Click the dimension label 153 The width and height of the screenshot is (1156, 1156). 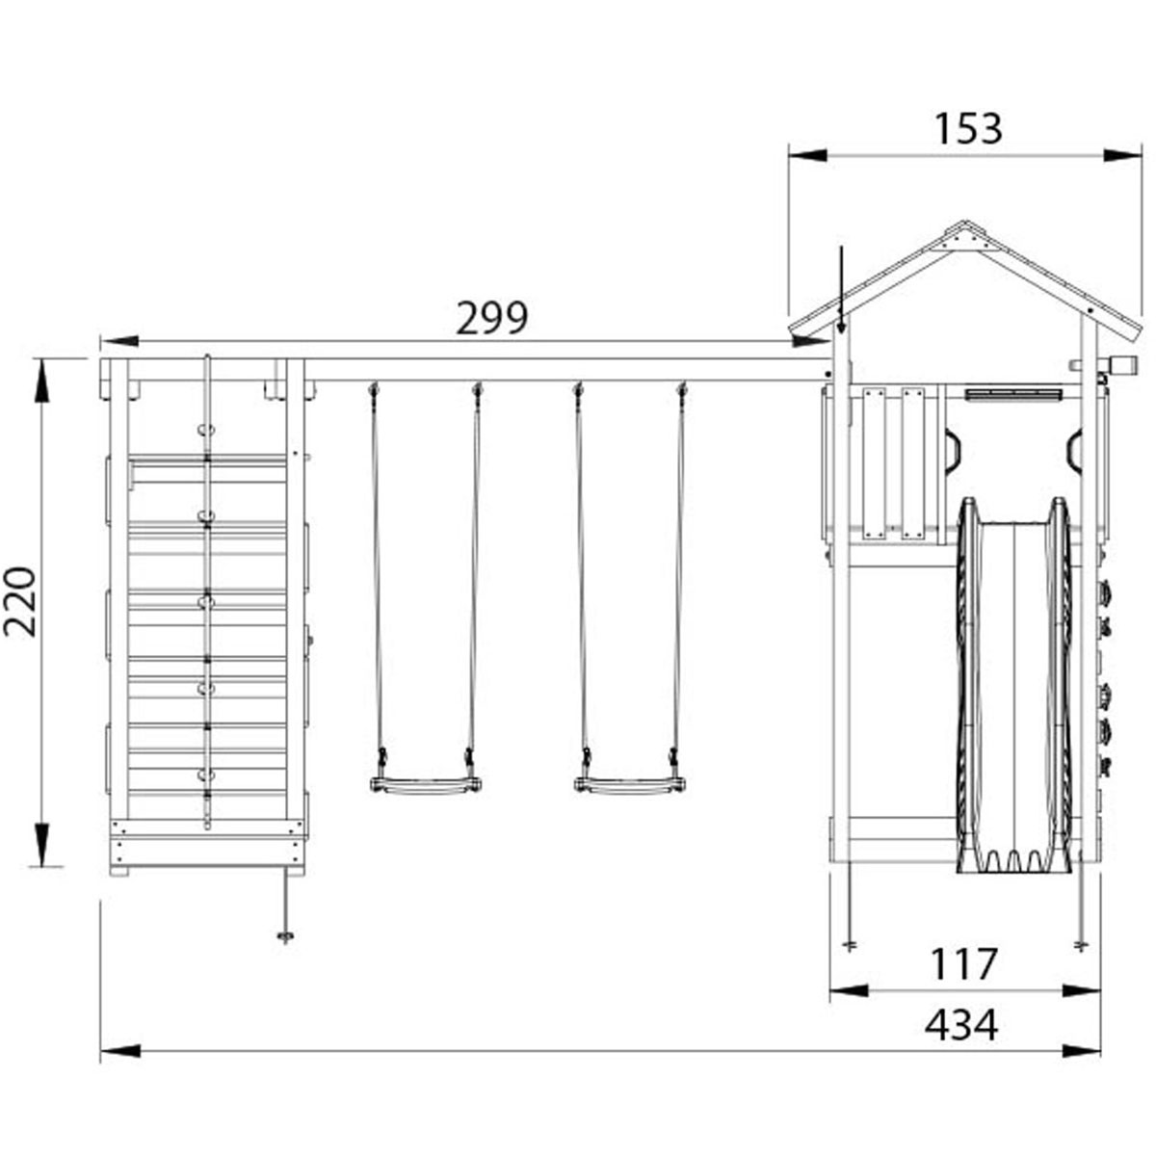tap(967, 129)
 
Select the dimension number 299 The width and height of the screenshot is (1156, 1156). tap(492, 318)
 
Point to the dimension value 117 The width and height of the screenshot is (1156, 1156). tap(963, 964)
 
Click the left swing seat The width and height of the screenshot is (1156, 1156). tap(426, 784)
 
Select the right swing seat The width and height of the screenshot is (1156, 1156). tap(629, 784)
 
